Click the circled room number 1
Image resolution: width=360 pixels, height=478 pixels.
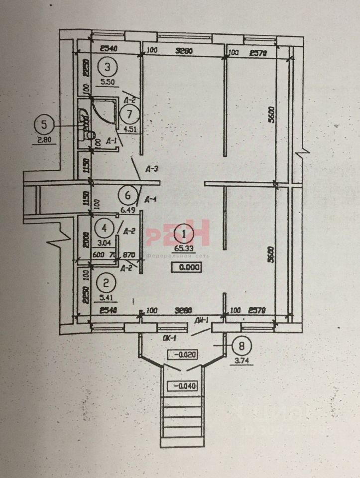tap(184, 233)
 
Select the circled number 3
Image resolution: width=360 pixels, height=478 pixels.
tap(107, 66)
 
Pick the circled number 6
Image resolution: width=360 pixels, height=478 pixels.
tap(127, 195)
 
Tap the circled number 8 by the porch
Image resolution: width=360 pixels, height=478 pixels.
tap(241, 345)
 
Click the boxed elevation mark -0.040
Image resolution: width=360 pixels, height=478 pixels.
tap(184, 385)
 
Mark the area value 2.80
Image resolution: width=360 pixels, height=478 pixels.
tap(45, 140)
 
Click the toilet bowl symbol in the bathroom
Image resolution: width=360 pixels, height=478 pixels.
tap(90, 133)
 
